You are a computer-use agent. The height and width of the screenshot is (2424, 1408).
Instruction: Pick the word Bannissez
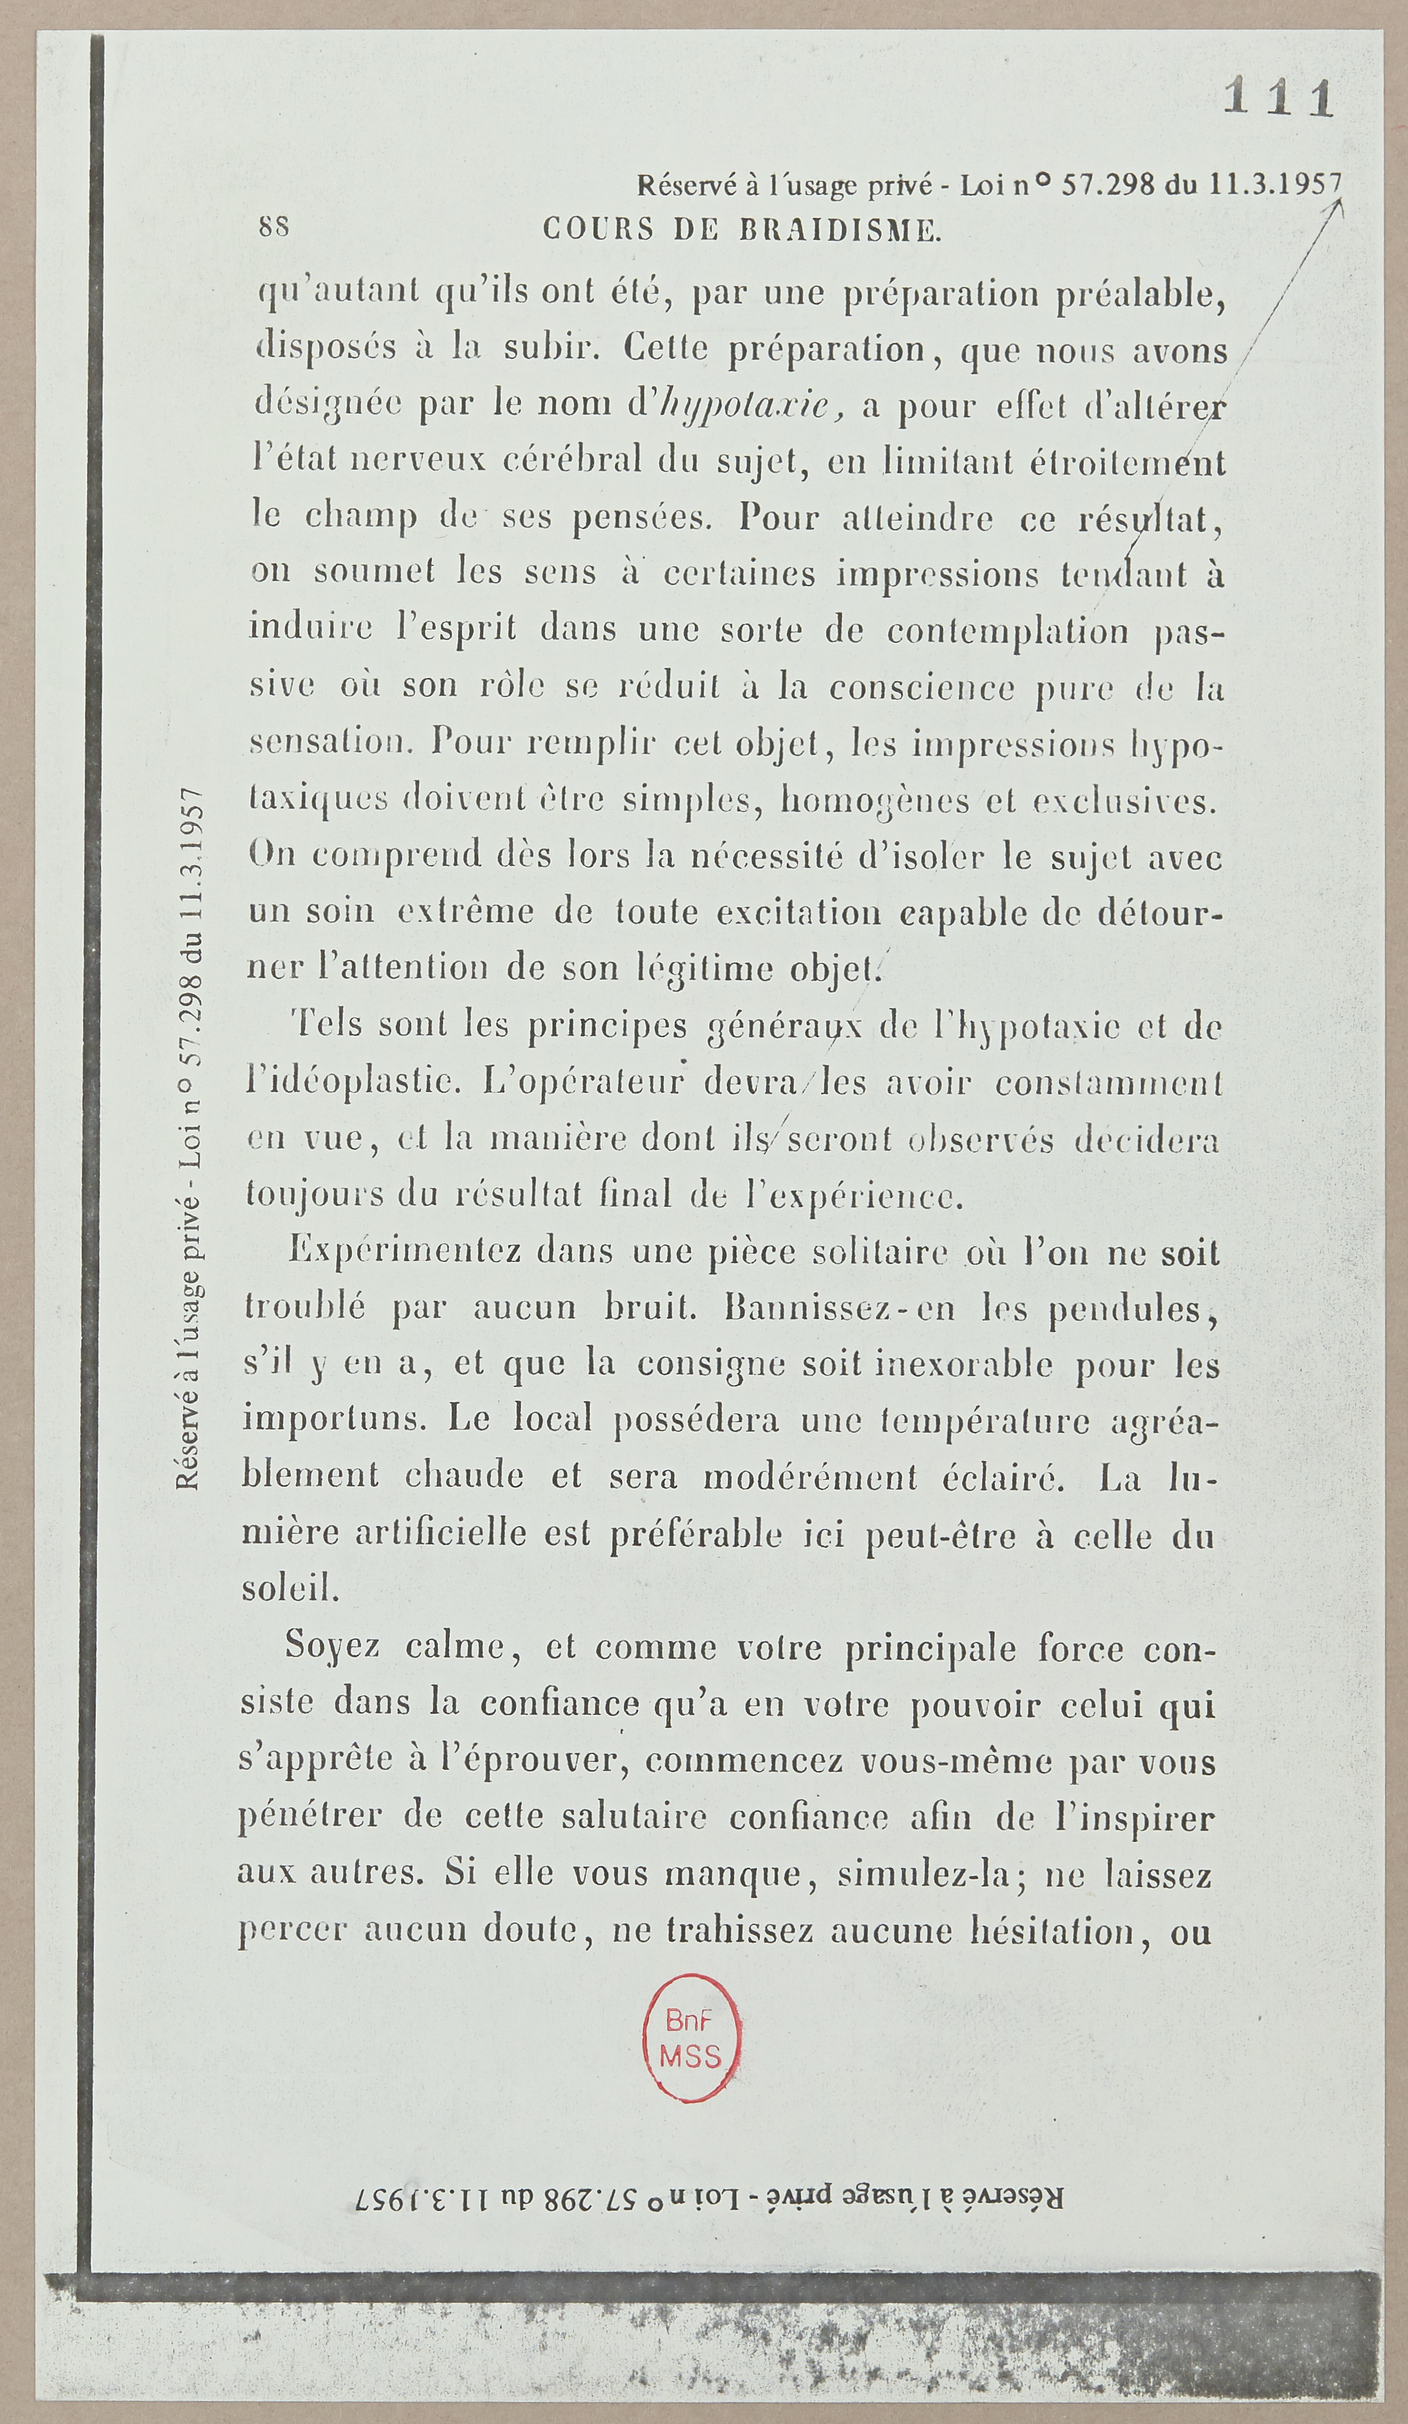click(805, 1309)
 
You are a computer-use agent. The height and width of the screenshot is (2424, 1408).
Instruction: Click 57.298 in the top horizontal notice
click(1107, 183)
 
